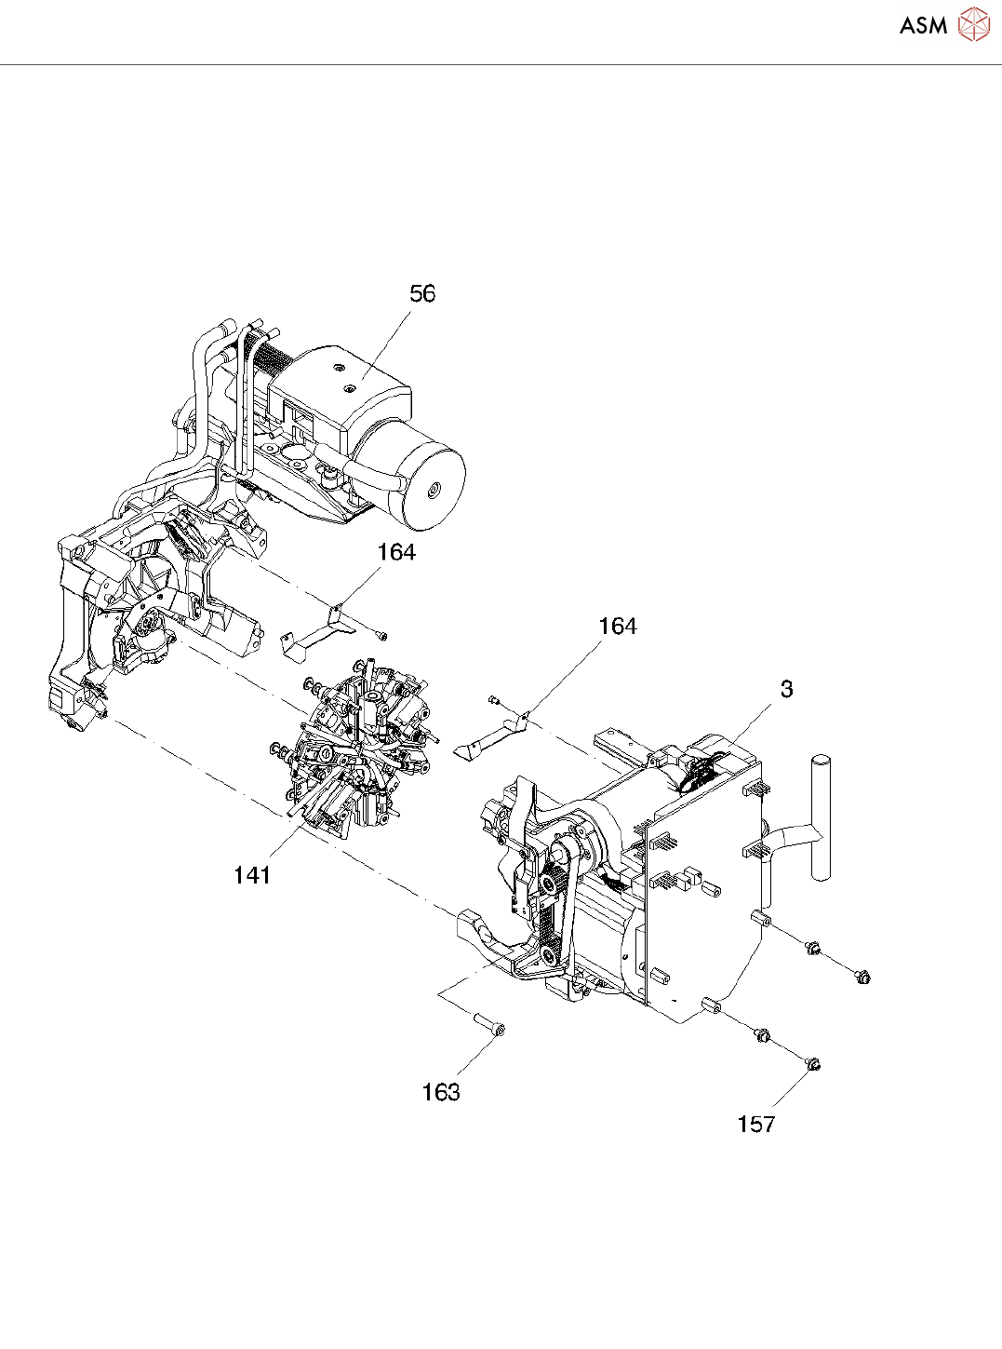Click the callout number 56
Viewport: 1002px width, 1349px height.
(x=422, y=293)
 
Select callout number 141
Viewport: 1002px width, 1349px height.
(x=252, y=875)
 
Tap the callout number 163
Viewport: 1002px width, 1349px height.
(x=441, y=1092)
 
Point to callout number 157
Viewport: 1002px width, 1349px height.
(x=755, y=1125)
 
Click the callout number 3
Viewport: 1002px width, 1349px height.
(x=786, y=689)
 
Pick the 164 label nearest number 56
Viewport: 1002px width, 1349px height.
(x=396, y=552)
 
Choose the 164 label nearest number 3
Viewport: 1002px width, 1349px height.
(x=618, y=627)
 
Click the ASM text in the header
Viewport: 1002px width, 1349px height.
(x=923, y=26)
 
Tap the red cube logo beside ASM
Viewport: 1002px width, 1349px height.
(x=973, y=25)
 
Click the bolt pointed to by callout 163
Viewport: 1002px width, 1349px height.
(x=489, y=1025)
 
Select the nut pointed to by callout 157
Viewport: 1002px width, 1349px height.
(x=813, y=1064)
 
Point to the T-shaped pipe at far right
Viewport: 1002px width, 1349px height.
(x=819, y=819)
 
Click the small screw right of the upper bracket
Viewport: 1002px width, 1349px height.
(x=381, y=636)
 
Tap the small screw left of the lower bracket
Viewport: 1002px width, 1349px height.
(x=494, y=699)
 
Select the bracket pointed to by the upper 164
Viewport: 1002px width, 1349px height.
(x=316, y=633)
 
